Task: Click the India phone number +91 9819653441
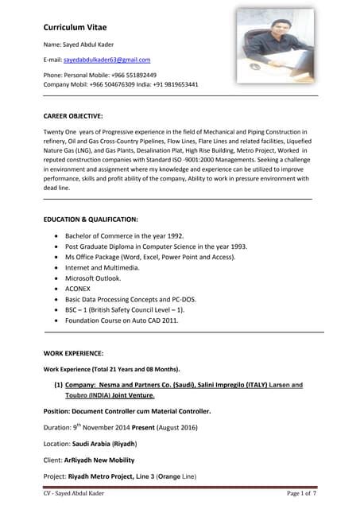pos(176,84)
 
